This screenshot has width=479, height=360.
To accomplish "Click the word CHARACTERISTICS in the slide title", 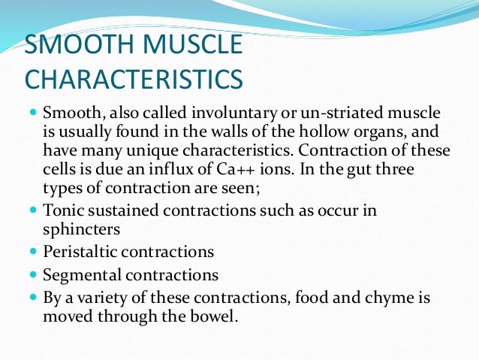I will click(x=134, y=79).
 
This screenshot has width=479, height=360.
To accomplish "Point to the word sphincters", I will click(x=80, y=229).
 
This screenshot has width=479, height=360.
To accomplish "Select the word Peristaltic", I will click(x=80, y=252).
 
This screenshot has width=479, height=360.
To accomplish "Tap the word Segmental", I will click(x=79, y=274).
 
